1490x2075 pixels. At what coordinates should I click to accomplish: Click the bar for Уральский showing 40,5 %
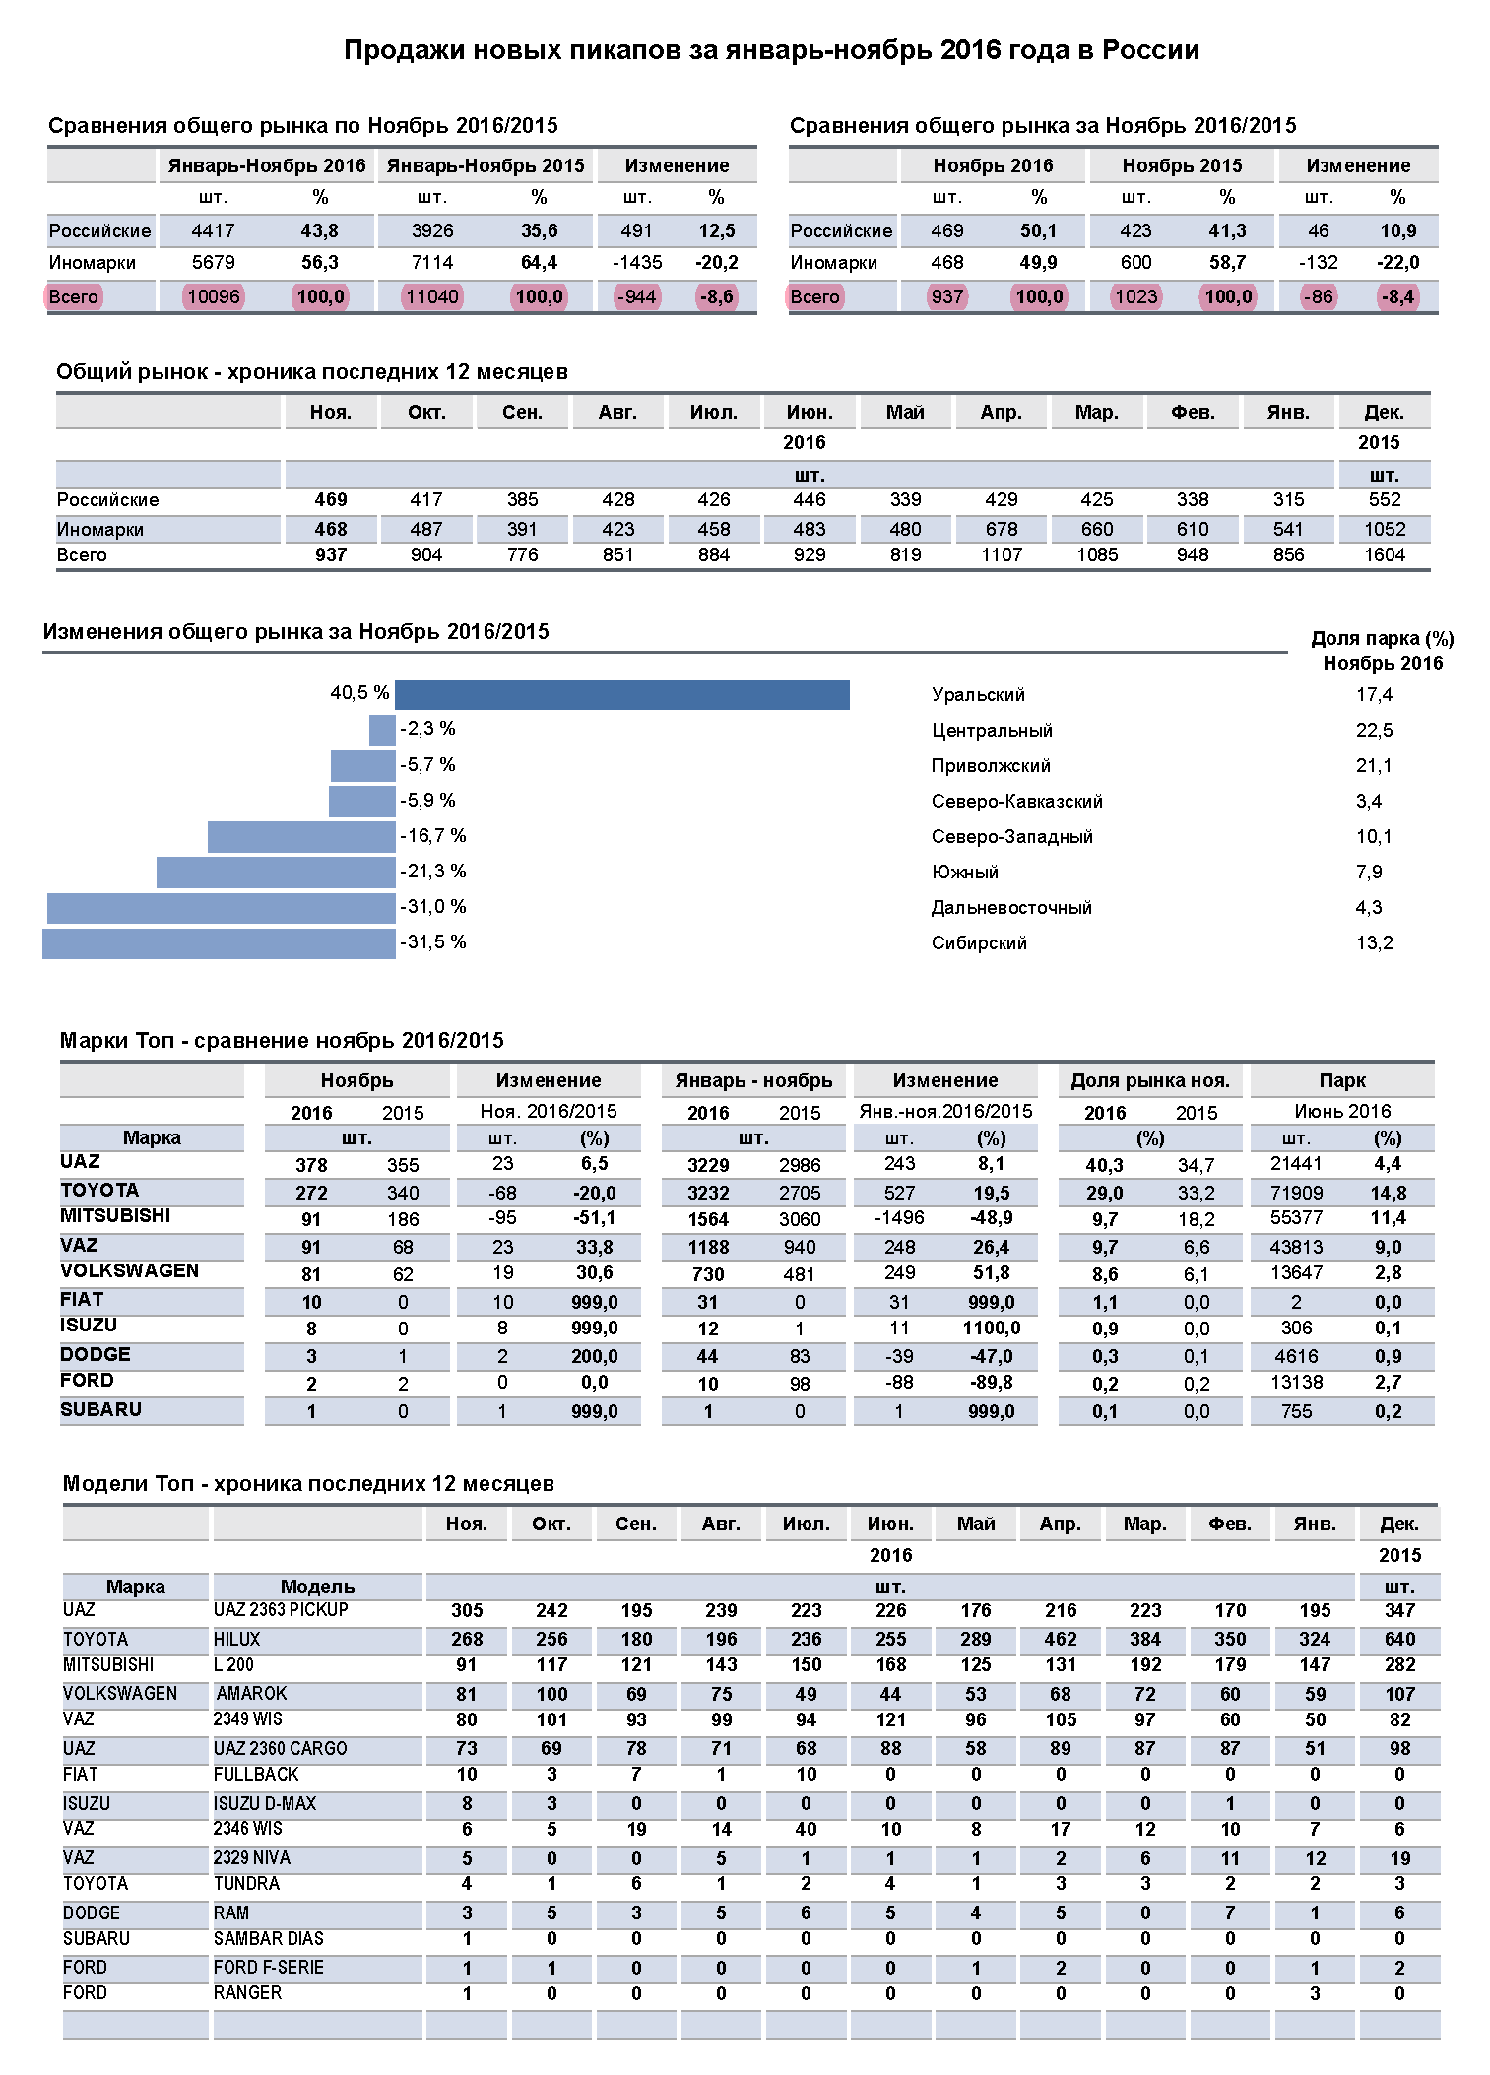point(621,694)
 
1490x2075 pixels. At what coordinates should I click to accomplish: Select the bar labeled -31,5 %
point(219,943)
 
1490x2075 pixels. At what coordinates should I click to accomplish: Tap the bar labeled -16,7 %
point(301,837)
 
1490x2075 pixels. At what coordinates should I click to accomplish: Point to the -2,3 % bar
point(382,730)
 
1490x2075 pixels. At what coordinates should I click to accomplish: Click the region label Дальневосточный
point(1011,908)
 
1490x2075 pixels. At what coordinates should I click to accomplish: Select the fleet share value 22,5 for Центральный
point(1374,730)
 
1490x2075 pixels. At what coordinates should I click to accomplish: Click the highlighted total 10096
point(214,296)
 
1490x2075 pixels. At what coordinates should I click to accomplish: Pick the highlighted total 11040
point(432,296)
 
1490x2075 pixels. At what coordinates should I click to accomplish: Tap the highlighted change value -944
point(636,296)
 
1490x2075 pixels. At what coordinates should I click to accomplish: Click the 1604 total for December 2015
point(1384,555)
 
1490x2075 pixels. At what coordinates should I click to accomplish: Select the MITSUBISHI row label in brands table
point(115,1216)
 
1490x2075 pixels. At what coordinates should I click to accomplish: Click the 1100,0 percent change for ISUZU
point(991,1329)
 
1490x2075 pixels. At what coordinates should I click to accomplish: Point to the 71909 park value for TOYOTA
point(1296,1193)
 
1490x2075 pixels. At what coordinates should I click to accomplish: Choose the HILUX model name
point(237,1640)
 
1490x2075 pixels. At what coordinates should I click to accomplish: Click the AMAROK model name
point(252,1694)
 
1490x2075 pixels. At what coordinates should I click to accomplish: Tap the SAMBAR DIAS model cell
point(269,1939)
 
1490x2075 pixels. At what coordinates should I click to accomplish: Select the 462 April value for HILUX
point(1060,1640)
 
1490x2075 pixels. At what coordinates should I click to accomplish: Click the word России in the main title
point(1150,50)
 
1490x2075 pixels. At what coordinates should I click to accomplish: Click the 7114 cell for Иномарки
point(432,263)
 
